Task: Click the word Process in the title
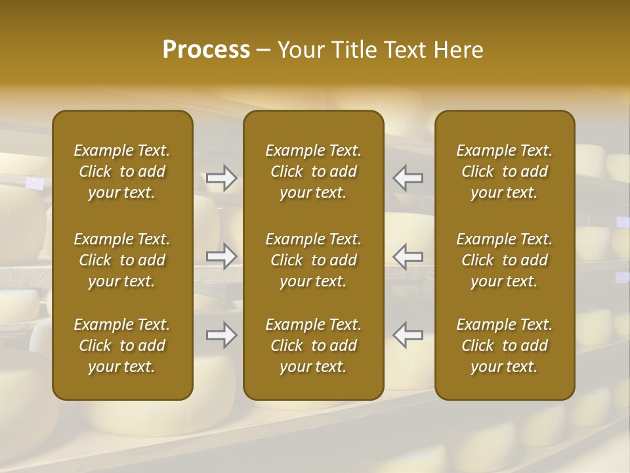click(x=206, y=50)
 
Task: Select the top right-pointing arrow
click(x=221, y=178)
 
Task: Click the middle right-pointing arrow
click(x=221, y=256)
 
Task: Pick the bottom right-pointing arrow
click(x=221, y=335)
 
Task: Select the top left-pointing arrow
click(x=408, y=178)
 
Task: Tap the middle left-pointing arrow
click(x=408, y=256)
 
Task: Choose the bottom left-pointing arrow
click(x=408, y=335)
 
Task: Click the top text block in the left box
click(x=122, y=171)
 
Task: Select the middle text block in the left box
click(x=122, y=260)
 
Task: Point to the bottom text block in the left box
click(x=122, y=346)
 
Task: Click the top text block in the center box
click(x=314, y=171)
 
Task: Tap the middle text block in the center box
click(x=314, y=260)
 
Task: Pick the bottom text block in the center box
click(x=314, y=346)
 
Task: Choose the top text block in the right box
click(x=505, y=171)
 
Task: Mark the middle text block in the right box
click(x=505, y=260)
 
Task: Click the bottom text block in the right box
click(x=505, y=346)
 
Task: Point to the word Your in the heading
click(x=299, y=50)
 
